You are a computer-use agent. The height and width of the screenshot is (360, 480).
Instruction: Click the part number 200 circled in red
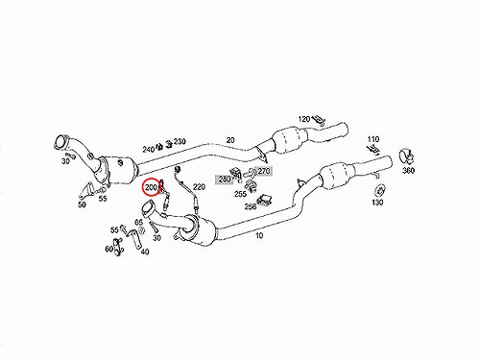(151, 187)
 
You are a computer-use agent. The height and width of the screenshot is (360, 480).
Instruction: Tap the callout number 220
(199, 186)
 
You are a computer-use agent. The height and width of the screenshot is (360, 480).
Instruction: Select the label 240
(149, 149)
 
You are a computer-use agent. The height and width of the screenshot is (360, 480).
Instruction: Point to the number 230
(180, 141)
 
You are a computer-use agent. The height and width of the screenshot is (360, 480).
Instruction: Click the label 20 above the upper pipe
(230, 140)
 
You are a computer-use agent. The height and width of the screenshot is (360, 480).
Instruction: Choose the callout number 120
(304, 119)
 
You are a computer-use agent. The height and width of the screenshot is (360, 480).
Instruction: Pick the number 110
(373, 139)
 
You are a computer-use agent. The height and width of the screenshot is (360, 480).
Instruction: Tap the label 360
(408, 170)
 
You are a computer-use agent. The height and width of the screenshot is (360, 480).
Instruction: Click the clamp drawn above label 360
(406, 156)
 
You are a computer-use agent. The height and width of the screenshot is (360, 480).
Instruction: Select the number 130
(377, 203)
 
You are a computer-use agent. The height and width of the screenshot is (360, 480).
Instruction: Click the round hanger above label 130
(379, 190)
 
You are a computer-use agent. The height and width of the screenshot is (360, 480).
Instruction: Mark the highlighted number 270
(264, 171)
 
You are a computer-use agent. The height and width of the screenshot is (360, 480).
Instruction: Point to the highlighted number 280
(225, 180)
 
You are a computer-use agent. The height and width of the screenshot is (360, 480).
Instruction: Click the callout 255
(240, 194)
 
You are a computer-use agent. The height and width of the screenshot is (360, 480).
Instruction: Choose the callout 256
(251, 206)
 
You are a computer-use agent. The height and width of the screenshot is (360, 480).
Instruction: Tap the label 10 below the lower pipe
(259, 235)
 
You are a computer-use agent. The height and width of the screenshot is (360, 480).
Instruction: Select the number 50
(82, 204)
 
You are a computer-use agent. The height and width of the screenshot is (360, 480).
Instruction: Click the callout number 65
(138, 222)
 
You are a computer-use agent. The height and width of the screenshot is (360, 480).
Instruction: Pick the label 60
(108, 249)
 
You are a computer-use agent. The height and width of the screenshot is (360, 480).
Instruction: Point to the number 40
(145, 252)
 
